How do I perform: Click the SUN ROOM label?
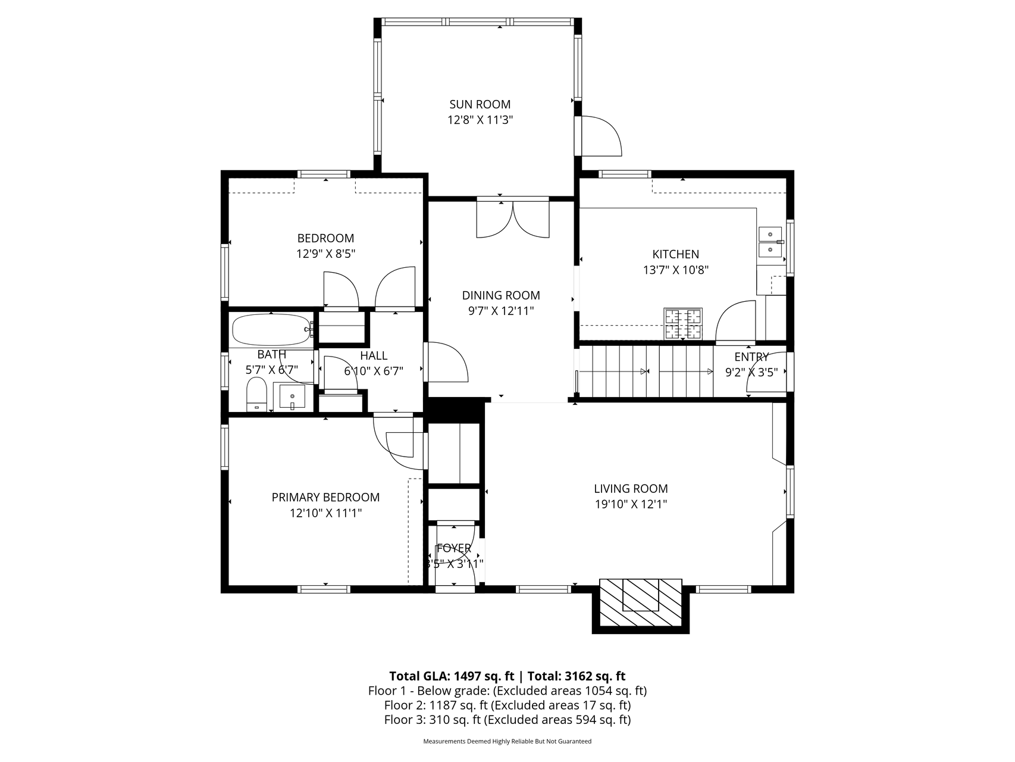[x=480, y=104]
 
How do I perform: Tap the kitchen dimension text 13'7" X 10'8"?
[x=675, y=270]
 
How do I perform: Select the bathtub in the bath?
[x=272, y=330]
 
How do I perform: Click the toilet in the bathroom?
[x=256, y=394]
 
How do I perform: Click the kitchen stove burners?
[x=683, y=324]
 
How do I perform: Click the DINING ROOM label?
[x=501, y=295]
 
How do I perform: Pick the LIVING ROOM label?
[x=631, y=489]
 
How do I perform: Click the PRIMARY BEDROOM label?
[x=325, y=497]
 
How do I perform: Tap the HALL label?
[x=374, y=355]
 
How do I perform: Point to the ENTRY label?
[x=751, y=357]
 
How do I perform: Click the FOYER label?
[x=454, y=548]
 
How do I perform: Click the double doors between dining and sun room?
[x=513, y=219]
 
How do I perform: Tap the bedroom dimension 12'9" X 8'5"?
[x=326, y=254]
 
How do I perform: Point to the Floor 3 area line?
[x=507, y=720]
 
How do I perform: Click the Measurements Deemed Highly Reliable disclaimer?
[x=507, y=742]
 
